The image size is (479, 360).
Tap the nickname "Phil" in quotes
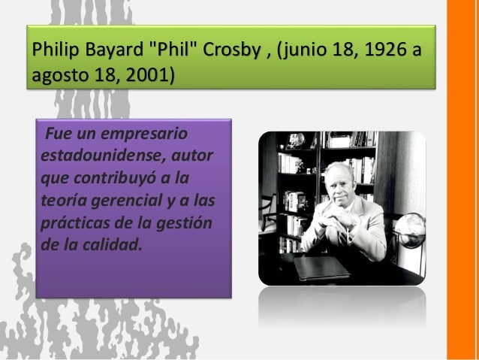point(167,53)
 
